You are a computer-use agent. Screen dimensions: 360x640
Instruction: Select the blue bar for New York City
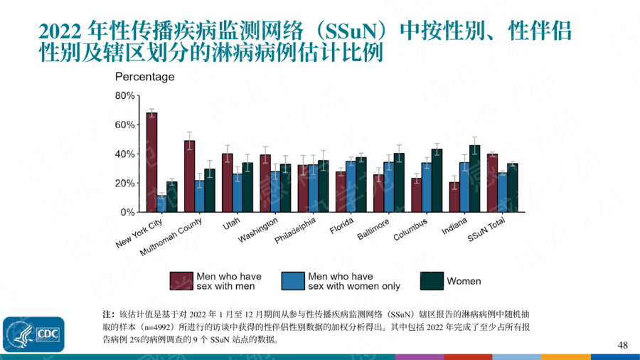[x=161, y=203]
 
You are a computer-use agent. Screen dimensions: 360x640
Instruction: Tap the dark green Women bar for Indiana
[x=475, y=179]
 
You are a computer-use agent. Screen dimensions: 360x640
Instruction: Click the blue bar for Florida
[x=351, y=186]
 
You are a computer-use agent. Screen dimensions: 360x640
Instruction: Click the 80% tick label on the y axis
[x=124, y=95]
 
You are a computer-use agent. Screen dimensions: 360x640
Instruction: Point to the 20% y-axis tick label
[x=124, y=183]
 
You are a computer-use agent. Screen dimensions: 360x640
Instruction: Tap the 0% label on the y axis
[x=127, y=212]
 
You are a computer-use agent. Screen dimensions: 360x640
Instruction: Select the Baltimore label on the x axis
[x=374, y=231]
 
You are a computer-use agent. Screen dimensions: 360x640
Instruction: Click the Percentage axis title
[x=144, y=77]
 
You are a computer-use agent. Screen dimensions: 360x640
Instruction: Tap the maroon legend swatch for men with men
[x=181, y=281]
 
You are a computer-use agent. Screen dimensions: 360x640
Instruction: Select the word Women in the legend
[x=464, y=281]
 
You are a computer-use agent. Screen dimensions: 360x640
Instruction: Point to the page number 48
[x=622, y=345]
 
